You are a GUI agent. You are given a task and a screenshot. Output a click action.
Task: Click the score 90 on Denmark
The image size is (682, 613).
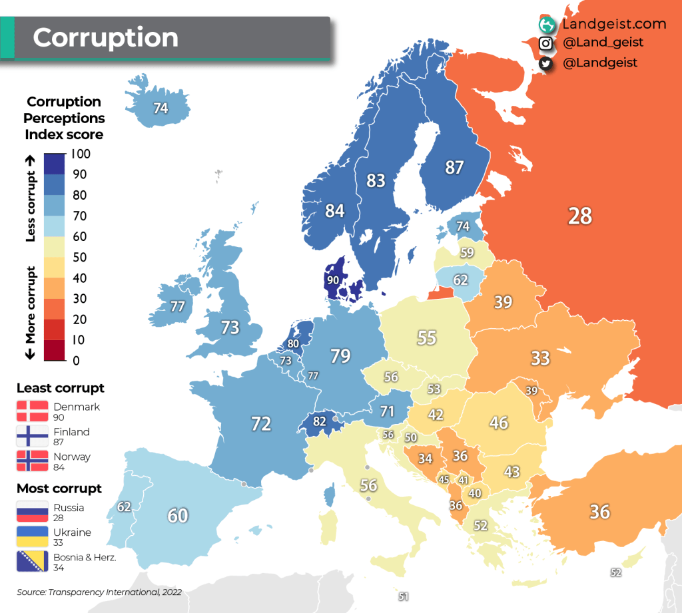(334, 280)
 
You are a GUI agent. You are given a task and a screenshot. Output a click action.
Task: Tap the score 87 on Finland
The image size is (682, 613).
(454, 168)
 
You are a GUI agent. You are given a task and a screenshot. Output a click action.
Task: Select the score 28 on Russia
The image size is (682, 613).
(579, 216)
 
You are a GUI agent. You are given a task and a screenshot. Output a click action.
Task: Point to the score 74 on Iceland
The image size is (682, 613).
(161, 108)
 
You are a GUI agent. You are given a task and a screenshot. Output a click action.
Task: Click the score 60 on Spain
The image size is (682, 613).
(178, 515)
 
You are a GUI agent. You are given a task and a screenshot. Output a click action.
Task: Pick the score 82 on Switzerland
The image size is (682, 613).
(320, 421)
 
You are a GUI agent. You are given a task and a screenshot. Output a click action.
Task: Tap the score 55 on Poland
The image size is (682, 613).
(426, 337)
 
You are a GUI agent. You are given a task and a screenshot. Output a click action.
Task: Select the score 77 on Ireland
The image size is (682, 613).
(177, 307)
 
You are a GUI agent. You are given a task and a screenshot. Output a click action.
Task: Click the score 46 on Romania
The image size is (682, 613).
(498, 422)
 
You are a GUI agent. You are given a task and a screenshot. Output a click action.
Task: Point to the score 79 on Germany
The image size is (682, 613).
(340, 356)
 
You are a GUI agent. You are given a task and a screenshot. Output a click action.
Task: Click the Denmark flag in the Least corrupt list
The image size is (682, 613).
(32, 411)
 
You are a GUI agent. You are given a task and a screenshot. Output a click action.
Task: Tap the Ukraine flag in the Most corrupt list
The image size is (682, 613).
(32, 536)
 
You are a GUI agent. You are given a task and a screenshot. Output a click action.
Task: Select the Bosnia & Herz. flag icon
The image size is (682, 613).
(32, 562)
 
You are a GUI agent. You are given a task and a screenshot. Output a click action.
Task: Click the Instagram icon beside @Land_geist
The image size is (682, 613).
(546, 43)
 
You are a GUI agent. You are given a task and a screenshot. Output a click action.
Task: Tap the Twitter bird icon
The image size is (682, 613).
(546, 63)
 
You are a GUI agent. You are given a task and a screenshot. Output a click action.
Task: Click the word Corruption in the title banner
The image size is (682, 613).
(105, 37)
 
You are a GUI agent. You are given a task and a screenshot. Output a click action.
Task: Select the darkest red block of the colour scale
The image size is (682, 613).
(55, 350)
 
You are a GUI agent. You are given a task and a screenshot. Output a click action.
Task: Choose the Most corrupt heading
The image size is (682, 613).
(59, 489)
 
